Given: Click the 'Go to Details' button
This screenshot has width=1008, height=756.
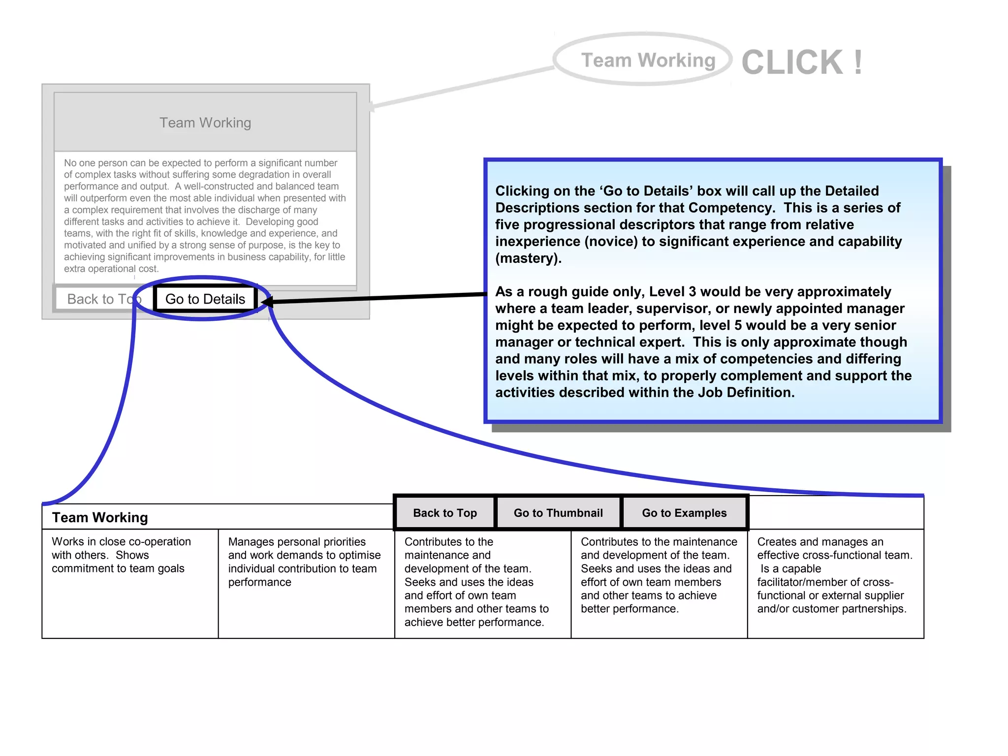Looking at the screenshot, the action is [205, 299].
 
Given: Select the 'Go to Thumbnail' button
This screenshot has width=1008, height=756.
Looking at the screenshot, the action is [558, 513].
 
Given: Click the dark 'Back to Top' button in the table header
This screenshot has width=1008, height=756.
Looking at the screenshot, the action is [445, 513].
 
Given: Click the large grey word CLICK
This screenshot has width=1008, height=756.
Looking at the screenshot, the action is [792, 63].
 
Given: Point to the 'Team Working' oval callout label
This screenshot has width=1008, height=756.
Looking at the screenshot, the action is [648, 60].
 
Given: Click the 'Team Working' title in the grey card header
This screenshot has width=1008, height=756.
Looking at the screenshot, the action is [205, 123].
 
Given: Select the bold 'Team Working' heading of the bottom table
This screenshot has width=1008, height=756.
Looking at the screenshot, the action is [100, 517].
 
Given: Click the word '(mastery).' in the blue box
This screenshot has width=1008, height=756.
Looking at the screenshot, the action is [528, 258].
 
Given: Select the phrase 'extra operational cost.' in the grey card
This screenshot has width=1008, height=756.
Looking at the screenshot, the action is [111, 269].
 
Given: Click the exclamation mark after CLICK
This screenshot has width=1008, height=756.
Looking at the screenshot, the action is [858, 63].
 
